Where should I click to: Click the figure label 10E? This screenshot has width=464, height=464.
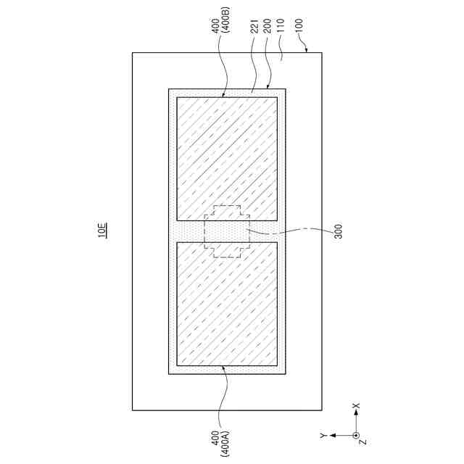click(103, 230)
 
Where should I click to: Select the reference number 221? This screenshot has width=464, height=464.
click(254, 26)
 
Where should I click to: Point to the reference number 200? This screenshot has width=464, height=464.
click(268, 26)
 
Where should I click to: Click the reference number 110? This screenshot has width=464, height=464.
click(280, 25)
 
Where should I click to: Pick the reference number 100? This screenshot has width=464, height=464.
click(299, 26)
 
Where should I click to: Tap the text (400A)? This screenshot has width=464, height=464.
click(225, 444)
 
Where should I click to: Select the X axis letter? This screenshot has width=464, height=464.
click(357, 405)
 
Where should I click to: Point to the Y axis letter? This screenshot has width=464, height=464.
click(323, 435)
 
